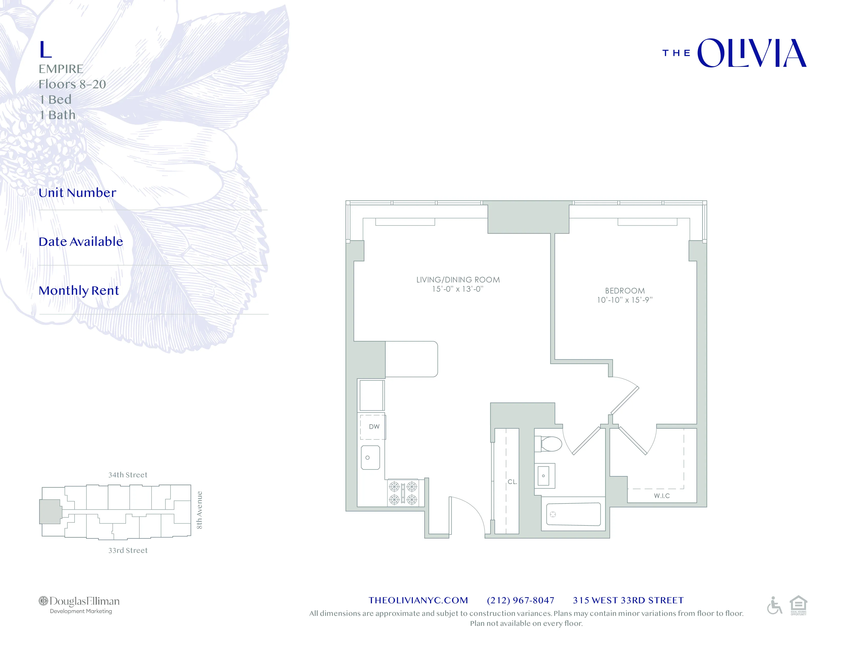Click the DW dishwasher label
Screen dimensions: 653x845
(x=374, y=427)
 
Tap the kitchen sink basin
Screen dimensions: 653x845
(x=370, y=457)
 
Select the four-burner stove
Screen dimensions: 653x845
(x=403, y=493)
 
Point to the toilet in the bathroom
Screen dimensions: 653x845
(x=550, y=444)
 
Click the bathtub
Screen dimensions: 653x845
(x=573, y=514)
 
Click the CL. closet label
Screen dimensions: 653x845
(x=512, y=482)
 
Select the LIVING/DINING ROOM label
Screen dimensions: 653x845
(x=458, y=280)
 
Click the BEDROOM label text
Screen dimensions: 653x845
(x=625, y=291)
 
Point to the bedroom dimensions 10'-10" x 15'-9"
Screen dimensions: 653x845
(x=625, y=300)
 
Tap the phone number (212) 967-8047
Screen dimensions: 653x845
(x=520, y=601)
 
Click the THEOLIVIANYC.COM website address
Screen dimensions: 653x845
(x=418, y=601)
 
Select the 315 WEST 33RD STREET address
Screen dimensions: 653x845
(x=628, y=601)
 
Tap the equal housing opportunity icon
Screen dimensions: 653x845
(x=798, y=605)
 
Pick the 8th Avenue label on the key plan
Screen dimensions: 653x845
(x=199, y=510)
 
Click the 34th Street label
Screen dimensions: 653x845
(x=128, y=475)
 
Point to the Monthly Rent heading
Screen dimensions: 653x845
(x=79, y=291)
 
